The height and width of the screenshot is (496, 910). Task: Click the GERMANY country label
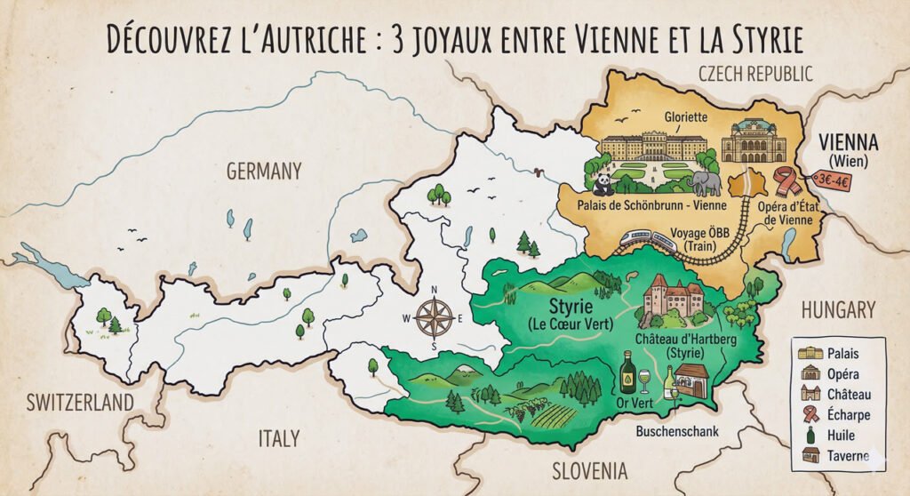[264, 171]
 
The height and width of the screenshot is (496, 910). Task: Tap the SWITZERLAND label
[80, 402]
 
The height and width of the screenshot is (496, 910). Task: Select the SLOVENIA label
[589, 470]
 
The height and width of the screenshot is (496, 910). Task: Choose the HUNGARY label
[838, 309]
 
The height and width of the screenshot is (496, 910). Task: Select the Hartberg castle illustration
[673, 298]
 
